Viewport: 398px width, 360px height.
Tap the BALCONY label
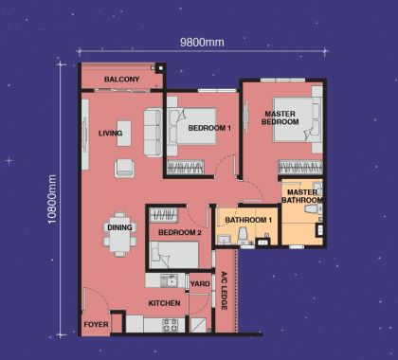[x=121, y=79]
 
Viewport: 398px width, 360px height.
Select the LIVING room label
[x=111, y=134]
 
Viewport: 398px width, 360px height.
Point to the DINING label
[x=119, y=227]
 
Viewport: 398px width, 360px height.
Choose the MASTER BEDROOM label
[x=281, y=118]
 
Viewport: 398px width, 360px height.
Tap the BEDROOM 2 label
[x=178, y=232]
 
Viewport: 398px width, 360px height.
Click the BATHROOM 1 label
[x=247, y=221]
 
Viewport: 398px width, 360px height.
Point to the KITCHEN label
[x=164, y=303]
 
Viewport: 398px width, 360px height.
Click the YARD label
[x=199, y=283]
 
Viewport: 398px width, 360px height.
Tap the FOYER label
[x=96, y=324]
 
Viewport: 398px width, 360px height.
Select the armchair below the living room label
[x=124, y=169]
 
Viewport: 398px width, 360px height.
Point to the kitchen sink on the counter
[x=170, y=279]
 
